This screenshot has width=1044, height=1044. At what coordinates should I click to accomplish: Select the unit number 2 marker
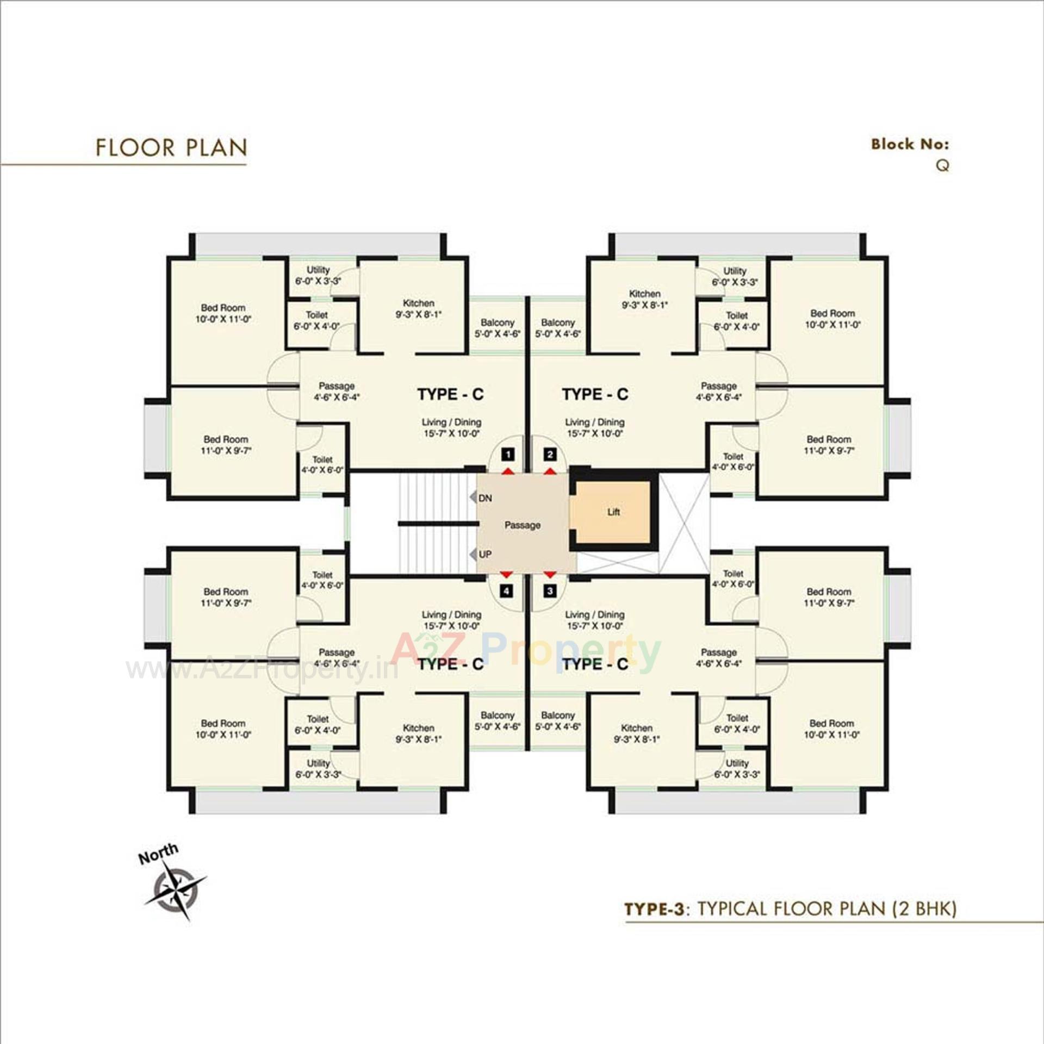[x=550, y=455]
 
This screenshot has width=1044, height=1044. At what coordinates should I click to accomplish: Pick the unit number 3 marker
[x=550, y=591]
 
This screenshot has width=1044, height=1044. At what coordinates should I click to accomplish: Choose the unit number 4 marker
[x=507, y=591]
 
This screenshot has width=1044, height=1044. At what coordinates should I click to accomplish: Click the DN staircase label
[x=485, y=498]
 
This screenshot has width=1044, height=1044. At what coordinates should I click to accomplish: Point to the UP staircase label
[x=485, y=554]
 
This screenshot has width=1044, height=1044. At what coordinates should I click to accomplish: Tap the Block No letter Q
[x=942, y=165]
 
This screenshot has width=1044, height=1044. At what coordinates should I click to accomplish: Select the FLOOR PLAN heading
[x=171, y=148]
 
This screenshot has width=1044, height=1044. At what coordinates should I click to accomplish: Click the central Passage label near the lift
[x=522, y=525]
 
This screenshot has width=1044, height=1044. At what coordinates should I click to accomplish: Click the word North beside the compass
[x=158, y=854]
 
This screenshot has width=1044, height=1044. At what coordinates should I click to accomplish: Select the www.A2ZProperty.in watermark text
[x=262, y=670]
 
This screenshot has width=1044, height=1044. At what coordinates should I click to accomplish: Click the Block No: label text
[x=910, y=144]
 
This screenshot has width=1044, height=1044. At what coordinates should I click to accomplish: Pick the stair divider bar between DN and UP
[x=438, y=524]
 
